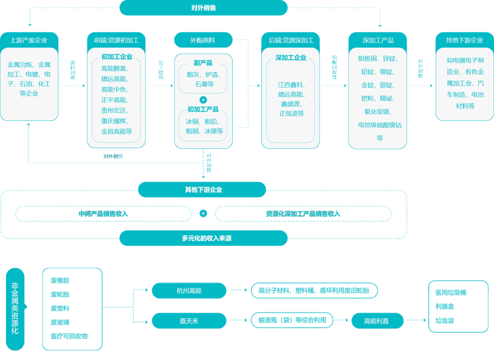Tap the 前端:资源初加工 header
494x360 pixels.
(116, 40)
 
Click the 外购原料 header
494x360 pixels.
(204, 40)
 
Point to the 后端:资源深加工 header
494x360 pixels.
(291, 40)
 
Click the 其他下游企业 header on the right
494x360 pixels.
(463, 40)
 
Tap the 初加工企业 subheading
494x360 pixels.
(117, 57)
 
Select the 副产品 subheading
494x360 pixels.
(204, 62)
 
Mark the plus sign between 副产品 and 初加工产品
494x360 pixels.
(203, 99)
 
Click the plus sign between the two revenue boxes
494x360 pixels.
(203, 213)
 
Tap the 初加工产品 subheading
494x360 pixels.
(204, 109)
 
